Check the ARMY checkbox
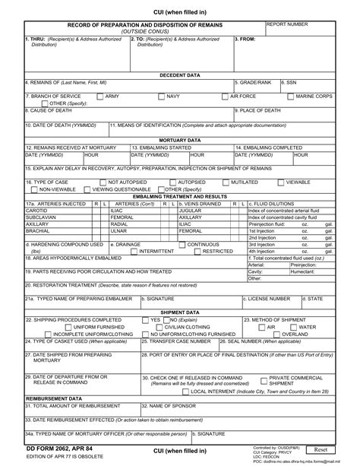point(99,97)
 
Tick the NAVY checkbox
point(163,97)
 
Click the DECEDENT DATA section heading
point(179,75)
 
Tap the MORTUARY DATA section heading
point(179,141)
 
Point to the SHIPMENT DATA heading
point(179,312)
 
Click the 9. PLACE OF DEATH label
point(262,110)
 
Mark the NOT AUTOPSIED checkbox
point(103,182)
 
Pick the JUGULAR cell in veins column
point(191,210)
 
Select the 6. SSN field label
point(289,82)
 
